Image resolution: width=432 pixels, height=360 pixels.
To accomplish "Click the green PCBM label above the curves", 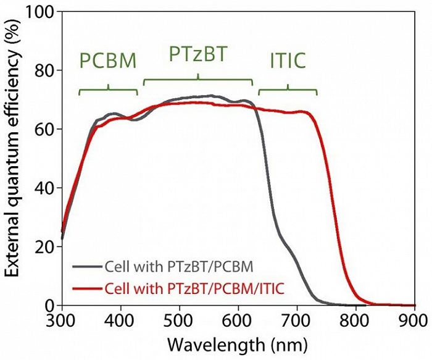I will pos(108,61).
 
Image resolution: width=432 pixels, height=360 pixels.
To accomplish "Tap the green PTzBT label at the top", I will pos(198,55).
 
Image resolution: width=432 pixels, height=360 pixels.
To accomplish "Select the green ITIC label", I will pos(288,61).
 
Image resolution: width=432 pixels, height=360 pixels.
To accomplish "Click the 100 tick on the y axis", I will pos(41,12).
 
